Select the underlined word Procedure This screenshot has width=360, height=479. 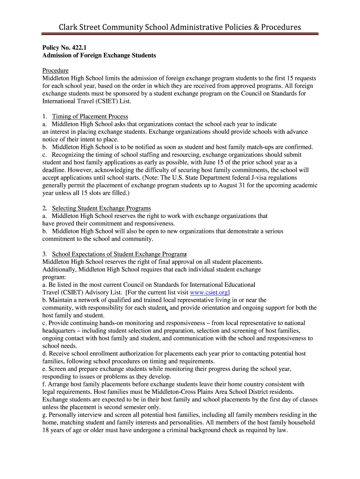(56, 71)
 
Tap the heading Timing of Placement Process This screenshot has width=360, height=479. (90, 116)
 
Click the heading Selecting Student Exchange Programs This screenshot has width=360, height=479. (101, 208)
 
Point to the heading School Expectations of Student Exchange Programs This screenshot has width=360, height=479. (119, 254)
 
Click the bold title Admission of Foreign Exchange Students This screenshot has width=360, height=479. (99, 55)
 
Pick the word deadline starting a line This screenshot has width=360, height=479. (54, 170)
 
